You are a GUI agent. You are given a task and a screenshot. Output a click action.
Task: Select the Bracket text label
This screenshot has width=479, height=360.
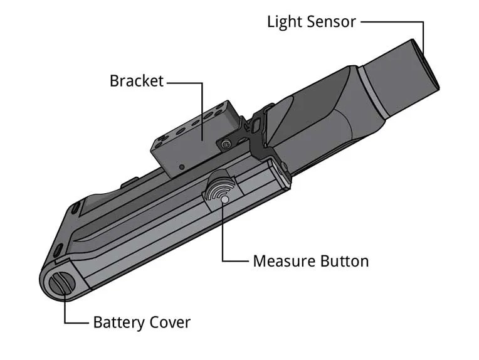136,81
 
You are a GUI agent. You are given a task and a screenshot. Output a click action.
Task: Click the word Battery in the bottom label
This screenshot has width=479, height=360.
118,323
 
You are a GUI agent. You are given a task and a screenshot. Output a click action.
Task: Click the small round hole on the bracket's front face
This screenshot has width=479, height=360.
181,167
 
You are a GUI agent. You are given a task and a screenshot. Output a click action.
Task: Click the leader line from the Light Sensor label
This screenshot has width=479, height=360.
395,22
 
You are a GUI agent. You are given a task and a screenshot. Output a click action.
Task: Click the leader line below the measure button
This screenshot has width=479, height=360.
224,238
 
